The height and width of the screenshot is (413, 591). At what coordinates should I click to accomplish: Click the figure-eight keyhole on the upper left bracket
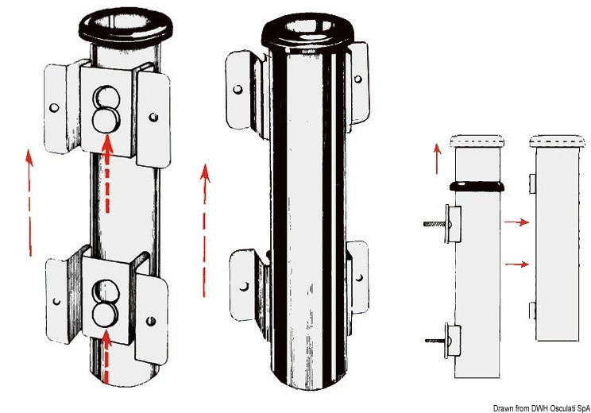pyautogui.click(x=106, y=110)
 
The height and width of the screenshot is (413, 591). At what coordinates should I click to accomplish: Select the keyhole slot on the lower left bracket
pyautogui.click(x=106, y=303)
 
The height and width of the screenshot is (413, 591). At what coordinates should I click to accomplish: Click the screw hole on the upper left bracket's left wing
pyautogui.click(x=54, y=108)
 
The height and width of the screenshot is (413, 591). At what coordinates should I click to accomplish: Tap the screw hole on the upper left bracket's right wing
pyautogui.click(x=153, y=117)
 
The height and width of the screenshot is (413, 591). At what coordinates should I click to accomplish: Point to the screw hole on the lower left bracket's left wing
pyautogui.click(x=56, y=302)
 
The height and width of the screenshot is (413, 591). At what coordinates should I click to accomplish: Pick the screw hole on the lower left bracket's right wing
pyautogui.click(x=151, y=322)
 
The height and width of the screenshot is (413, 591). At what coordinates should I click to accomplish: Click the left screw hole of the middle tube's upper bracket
pyautogui.click(x=238, y=89)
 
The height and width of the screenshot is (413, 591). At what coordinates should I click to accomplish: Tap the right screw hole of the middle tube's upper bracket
pyautogui.click(x=358, y=79)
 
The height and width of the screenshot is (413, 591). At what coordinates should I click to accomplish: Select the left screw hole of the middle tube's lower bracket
pyautogui.click(x=244, y=287)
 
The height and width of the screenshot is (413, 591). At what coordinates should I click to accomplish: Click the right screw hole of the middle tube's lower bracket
pyautogui.click(x=359, y=278)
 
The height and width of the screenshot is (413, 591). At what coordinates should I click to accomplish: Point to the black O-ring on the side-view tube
pyautogui.click(x=477, y=186)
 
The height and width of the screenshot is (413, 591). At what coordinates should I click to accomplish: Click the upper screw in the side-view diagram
pyautogui.click(x=436, y=224)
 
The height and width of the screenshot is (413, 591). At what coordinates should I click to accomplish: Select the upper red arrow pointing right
pyautogui.click(x=517, y=222)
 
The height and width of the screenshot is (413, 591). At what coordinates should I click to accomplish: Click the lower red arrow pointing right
pyautogui.click(x=517, y=264)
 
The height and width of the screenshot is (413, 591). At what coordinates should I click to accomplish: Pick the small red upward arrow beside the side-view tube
pyautogui.click(x=437, y=159)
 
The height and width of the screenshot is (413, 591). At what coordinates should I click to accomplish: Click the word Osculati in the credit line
pyautogui.click(x=564, y=408)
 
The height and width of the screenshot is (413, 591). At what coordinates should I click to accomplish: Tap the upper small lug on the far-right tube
pyautogui.click(x=532, y=183)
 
